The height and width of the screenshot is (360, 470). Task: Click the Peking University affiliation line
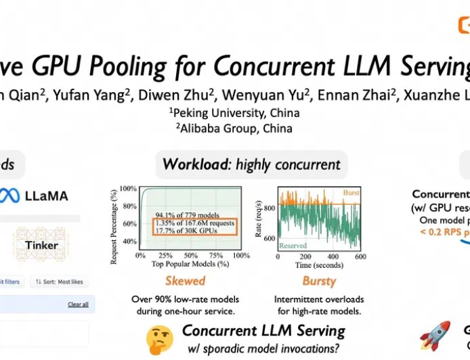pyautogui.click(x=234, y=112)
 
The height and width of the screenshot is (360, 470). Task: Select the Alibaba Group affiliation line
pyautogui.click(x=234, y=128)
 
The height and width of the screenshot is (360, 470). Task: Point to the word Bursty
pyautogui.click(x=318, y=280)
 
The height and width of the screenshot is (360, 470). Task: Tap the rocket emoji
pyautogui.click(x=434, y=336)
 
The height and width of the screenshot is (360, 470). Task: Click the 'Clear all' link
pyautogui.click(x=78, y=305)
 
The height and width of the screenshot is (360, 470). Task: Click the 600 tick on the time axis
pyautogui.click(x=360, y=256)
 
